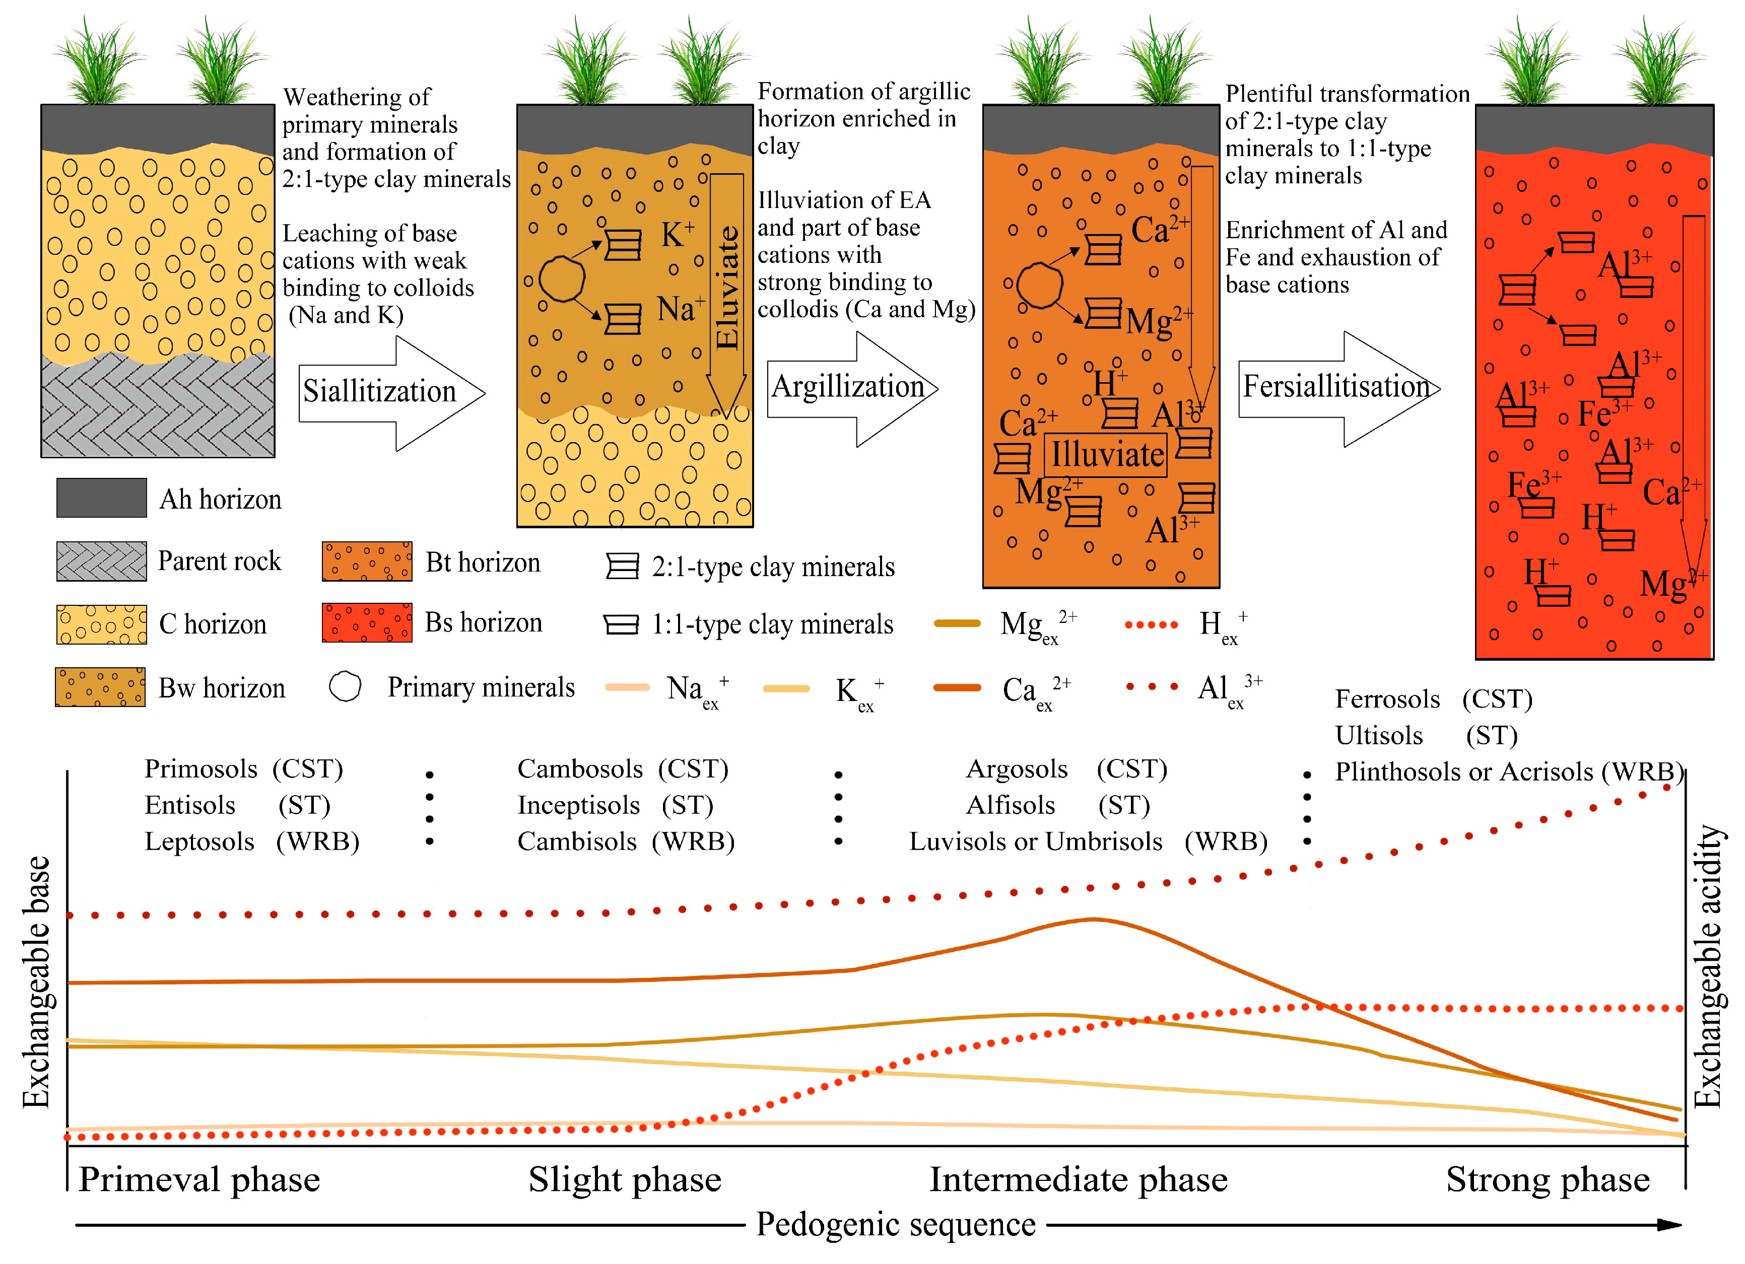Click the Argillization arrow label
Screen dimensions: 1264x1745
(847, 387)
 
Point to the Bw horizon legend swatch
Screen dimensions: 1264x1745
(100, 687)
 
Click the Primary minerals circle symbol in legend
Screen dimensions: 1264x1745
(345, 687)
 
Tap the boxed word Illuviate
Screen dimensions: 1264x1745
(1106, 455)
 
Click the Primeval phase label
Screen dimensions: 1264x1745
(199, 1179)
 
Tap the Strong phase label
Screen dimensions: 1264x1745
(1547, 1179)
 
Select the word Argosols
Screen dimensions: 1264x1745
(1017, 768)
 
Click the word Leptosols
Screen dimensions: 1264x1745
(199, 841)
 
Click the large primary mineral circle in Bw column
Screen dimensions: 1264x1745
(562, 278)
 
